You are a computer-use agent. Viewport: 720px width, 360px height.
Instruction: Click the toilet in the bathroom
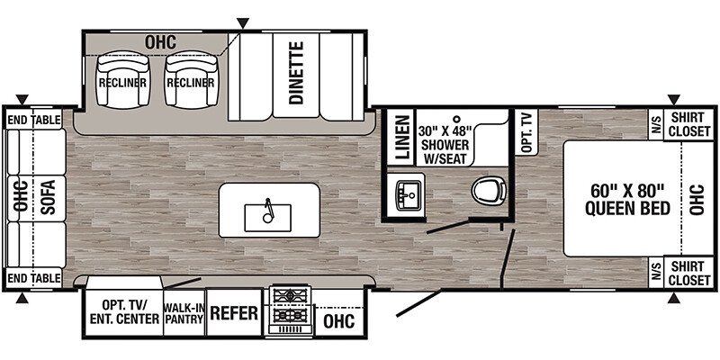tap(489, 191)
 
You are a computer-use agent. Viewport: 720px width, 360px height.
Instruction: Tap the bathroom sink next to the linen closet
tap(407, 194)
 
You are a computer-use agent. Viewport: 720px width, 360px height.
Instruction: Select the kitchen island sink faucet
tap(268, 211)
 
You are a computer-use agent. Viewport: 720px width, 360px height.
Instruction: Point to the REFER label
tap(234, 313)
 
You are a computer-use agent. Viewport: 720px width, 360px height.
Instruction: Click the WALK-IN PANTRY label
tap(184, 312)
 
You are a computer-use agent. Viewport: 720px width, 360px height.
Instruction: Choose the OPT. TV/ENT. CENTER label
tap(124, 312)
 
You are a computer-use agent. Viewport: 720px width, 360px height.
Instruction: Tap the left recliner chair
tap(123, 79)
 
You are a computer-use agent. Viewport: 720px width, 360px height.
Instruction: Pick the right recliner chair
tap(191, 79)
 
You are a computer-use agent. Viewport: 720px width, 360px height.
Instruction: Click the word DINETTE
tap(296, 73)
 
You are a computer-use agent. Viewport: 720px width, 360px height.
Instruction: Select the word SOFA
tap(48, 197)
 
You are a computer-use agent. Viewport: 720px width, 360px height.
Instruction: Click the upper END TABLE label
tap(34, 121)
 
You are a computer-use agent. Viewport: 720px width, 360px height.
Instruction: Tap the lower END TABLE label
tap(34, 278)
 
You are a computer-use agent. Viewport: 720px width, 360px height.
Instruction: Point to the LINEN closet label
tap(402, 137)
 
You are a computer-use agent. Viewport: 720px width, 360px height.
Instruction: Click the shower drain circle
tap(456, 118)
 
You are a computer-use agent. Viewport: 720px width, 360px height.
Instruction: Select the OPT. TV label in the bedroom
tap(526, 131)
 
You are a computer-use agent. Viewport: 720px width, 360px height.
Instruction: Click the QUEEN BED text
tap(627, 209)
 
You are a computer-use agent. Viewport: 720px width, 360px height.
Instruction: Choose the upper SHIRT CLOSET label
tap(689, 124)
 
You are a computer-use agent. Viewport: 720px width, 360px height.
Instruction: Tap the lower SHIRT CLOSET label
tap(689, 274)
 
